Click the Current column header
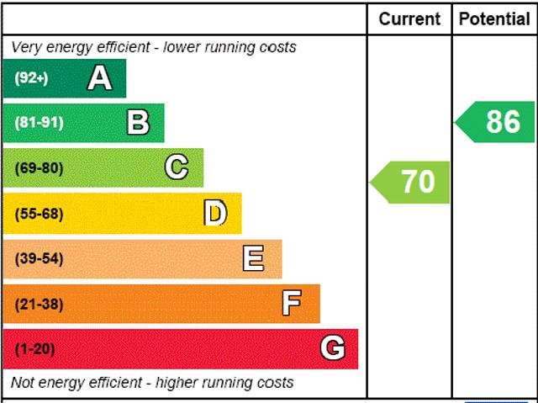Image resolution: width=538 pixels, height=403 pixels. pos(409,19)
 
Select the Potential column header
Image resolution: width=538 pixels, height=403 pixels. pos(495,19)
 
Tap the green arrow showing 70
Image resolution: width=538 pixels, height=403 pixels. pos(411,182)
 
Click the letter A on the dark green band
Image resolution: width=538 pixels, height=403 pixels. pos(99,78)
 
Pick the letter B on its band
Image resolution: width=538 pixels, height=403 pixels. pos(138,123)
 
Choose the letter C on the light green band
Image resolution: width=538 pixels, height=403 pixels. pos(177,167)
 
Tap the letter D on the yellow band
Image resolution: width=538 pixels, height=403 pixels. pos(215,213)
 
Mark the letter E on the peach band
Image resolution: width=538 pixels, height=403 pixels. pos(254,258)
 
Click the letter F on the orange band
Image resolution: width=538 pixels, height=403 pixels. pos(292,303)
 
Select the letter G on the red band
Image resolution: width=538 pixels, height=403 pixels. pos(333,348)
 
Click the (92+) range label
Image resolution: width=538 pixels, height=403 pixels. pos(31,78)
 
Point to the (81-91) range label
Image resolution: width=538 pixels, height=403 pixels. pos(39,123)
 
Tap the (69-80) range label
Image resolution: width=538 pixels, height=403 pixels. pos(39,167)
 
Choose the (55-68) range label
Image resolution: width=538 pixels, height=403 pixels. pos(39,213)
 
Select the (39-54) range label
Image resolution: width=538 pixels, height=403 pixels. pos(39,258)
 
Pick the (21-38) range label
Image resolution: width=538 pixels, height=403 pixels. pos(39,304)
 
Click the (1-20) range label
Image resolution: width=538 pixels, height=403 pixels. pos(34,348)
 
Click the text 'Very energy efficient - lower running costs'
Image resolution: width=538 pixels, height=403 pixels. pos(153,47)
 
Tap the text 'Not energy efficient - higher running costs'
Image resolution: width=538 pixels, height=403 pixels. pos(152,383)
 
